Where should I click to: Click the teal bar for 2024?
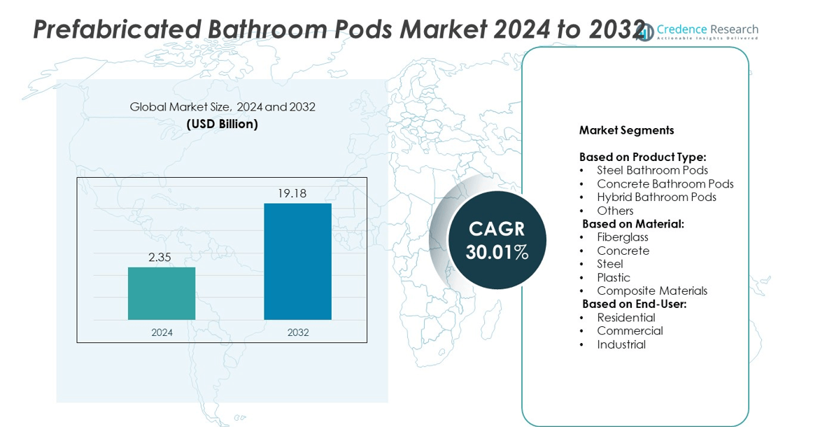click(x=162, y=293)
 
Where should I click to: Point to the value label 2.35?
click(x=160, y=258)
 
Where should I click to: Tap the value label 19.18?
click(x=292, y=193)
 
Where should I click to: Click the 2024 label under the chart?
click(x=162, y=332)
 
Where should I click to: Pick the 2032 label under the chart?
click(x=297, y=332)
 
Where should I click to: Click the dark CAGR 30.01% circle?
click(x=497, y=240)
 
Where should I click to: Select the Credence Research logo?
click(x=698, y=31)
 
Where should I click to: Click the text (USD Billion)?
click(x=222, y=124)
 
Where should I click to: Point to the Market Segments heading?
click(x=626, y=130)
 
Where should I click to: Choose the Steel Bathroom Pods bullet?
click(x=652, y=170)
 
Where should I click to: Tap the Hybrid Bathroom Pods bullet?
click(x=656, y=197)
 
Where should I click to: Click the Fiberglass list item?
click(x=623, y=237)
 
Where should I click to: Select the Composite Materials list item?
click(x=652, y=290)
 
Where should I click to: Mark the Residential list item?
click(x=626, y=318)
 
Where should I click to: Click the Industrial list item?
click(x=621, y=344)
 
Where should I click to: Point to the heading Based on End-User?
click(x=635, y=304)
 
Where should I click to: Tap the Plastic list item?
click(x=614, y=277)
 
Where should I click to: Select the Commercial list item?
click(x=630, y=330)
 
